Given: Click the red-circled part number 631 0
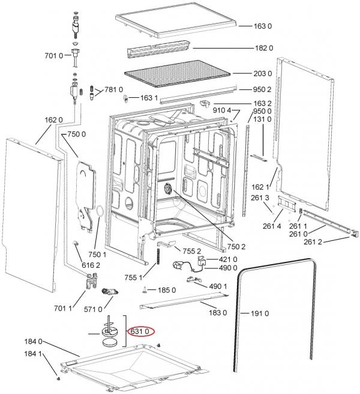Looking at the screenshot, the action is click(140, 332).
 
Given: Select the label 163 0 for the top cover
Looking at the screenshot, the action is click(263, 26).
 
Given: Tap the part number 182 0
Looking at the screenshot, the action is click(264, 48).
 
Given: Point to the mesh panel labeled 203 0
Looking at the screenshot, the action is click(177, 74).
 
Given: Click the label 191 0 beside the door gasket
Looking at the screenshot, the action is click(260, 314).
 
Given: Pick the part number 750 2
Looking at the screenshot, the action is click(236, 247).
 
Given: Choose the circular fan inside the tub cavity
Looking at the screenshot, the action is click(167, 189).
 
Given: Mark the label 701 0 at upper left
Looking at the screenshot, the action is click(54, 55).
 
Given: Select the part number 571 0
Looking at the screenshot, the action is click(93, 309).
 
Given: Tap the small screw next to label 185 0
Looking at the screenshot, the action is click(145, 290).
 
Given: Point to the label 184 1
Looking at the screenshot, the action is click(33, 354).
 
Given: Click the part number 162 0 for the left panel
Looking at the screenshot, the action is click(54, 120).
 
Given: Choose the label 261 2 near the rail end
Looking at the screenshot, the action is click(313, 242).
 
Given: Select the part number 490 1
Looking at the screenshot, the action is click(218, 286).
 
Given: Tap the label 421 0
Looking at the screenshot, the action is click(228, 259).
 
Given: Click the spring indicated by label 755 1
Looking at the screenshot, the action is click(158, 256).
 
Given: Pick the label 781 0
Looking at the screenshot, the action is click(114, 89).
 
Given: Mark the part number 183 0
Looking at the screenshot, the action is click(218, 312).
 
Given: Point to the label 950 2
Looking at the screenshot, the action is click(262, 89).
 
